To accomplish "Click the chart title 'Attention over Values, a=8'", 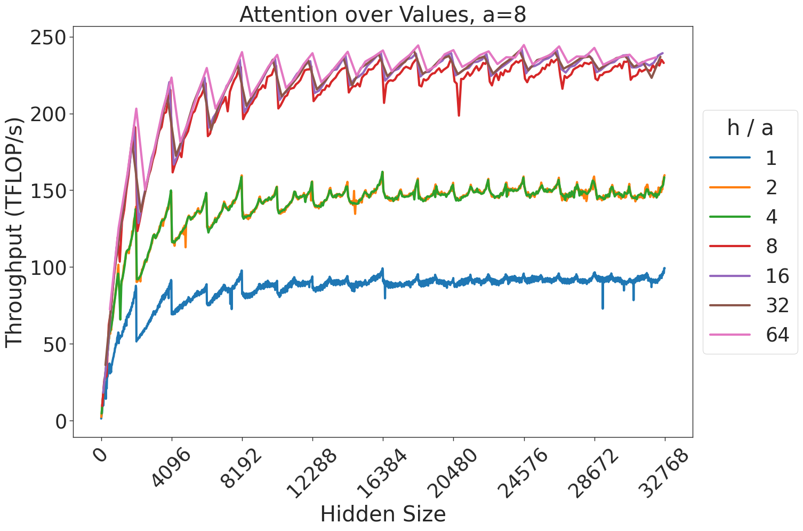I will (382, 14).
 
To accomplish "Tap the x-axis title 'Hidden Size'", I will (382, 514).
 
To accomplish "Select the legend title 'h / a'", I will (750, 128).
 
